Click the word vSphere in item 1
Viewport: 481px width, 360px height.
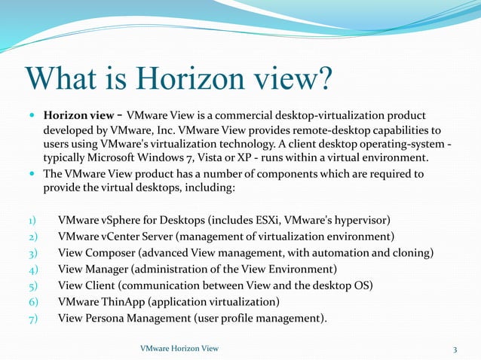[x=124, y=220]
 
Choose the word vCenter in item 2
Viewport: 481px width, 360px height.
[x=124, y=236]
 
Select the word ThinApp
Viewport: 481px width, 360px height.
[x=123, y=302]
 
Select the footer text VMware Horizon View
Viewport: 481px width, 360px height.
[x=179, y=347]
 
